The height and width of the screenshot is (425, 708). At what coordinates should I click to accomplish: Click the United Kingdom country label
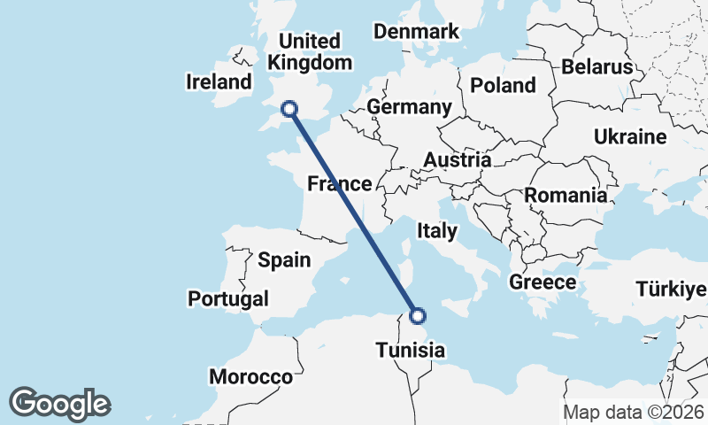309,52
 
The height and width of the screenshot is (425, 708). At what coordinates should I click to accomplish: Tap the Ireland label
219,82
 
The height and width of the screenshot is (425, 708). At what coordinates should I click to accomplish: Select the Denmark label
416,32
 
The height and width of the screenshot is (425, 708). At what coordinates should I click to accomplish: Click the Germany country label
409,107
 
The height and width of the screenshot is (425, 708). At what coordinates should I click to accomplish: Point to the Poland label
503,85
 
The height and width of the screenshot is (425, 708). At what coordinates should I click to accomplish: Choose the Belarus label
597,67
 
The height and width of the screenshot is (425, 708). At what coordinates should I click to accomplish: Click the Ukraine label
630,137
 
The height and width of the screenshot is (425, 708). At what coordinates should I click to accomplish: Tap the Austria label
457,160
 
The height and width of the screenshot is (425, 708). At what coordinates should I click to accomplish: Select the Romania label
566,195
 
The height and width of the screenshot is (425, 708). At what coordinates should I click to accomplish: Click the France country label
339,184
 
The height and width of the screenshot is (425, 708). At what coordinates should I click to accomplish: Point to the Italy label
436,231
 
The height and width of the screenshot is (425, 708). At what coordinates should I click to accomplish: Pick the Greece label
543,282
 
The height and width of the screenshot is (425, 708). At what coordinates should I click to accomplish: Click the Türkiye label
671,289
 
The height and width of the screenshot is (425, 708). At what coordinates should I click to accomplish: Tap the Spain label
284,260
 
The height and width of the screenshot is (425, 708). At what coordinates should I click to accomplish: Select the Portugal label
228,298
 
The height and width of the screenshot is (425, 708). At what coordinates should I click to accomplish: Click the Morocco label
250,377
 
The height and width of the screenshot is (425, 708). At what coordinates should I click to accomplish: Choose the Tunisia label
410,351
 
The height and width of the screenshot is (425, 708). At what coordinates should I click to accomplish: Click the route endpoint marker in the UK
289,109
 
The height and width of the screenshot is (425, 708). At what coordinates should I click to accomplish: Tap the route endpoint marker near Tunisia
419,315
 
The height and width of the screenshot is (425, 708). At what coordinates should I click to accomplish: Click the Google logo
59,404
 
